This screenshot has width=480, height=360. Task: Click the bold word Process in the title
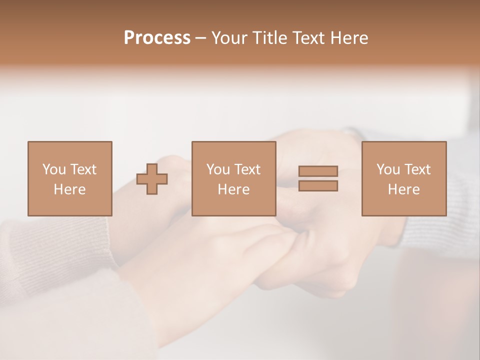click(x=157, y=38)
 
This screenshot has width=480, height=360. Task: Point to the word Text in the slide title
click(x=307, y=38)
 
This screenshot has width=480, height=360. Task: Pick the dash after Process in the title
click(x=201, y=38)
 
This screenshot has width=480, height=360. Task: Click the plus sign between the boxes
click(x=152, y=179)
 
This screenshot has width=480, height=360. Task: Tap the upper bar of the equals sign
click(x=318, y=171)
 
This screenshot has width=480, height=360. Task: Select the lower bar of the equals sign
click(x=318, y=185)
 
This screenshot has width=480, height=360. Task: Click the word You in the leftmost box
click(x=54, y=169)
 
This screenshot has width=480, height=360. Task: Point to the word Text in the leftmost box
click(x=83, y=169)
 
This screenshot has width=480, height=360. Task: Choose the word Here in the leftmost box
click(x=69, y=189)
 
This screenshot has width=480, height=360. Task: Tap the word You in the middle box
click(x=218, y=169)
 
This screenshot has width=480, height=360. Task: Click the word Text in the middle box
click(x=247, y=169)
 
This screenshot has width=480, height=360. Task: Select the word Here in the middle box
click(x=233, y=189)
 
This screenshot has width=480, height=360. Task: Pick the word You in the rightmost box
click(x=388, y=169)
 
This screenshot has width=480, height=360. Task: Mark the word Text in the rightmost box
click(x=417, y=169)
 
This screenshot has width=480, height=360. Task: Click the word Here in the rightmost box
click(x=403, y=189)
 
